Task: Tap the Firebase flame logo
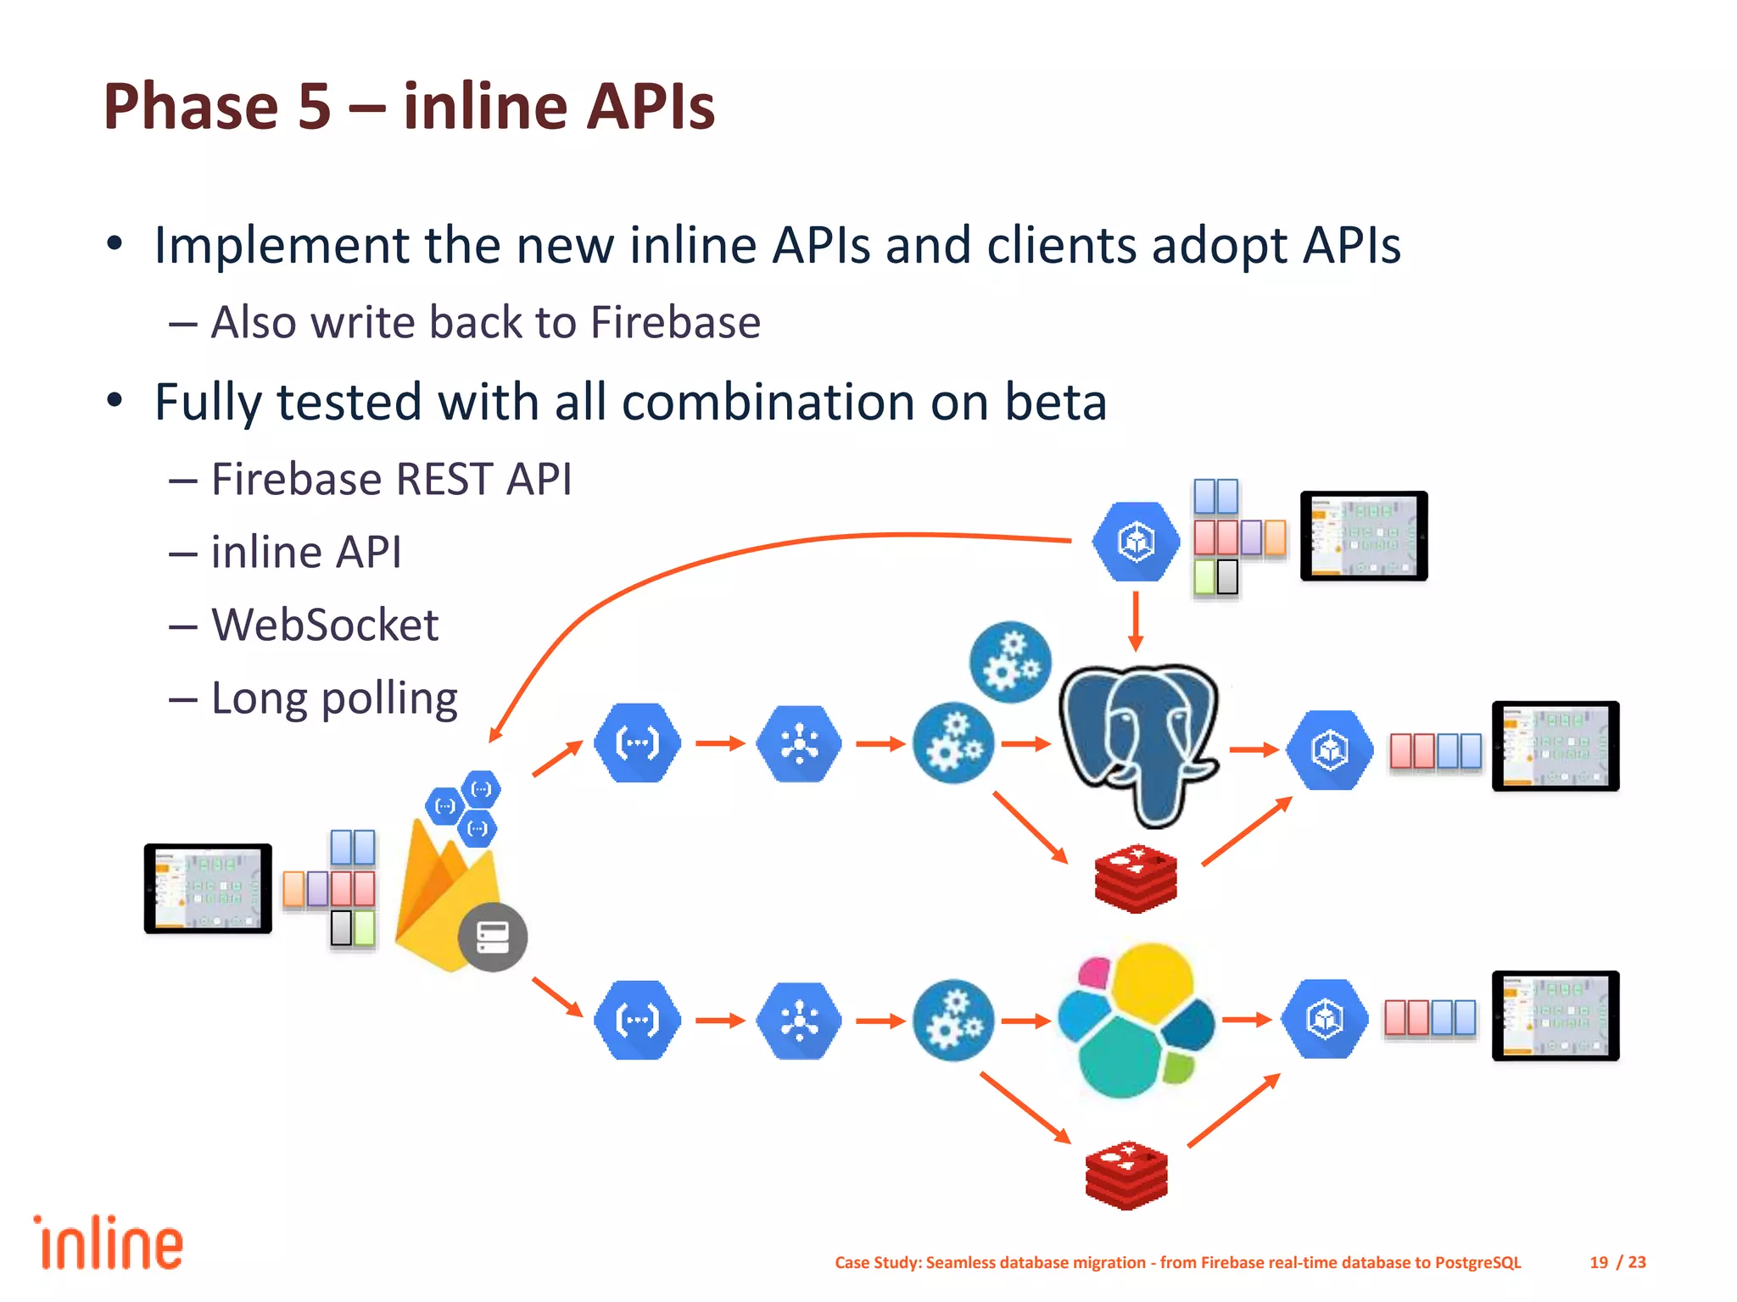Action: tap(441, 899)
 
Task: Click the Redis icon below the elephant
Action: tap(1136, 878)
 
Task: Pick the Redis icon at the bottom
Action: tap(1126, 1175)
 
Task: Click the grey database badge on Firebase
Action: tap(493, 937)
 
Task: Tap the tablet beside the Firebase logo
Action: tap(208, 888)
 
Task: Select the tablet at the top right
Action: tap(1364, 536)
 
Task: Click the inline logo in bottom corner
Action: tap(109, 1244)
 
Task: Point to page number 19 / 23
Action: tap(1617, 1262)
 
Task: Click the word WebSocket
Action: tap(325, 626)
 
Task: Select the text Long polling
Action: tap(334, 699)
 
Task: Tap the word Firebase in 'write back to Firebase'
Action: tap(675, 323)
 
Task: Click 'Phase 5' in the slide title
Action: tap(217, 107)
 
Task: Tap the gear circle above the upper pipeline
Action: tap(1010, 662)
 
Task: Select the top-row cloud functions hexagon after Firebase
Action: tap(638, 743)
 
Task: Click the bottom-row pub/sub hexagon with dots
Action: tap(799, 1021)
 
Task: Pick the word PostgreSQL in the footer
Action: tap(1477, 1262)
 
